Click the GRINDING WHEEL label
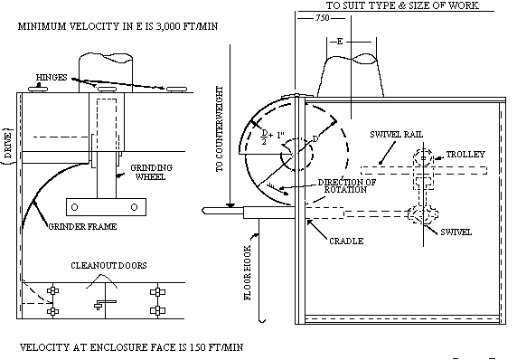coord(151,172)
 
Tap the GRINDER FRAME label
coord(82,227)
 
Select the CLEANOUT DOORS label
coord(108,265)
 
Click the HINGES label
coord(52,78)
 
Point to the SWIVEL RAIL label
coord(396,135)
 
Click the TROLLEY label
coord(465,155)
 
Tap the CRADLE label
coord(346,242)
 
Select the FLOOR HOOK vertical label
coord(248,272)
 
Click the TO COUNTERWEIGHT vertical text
coord(220,129)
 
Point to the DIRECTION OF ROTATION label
coord(347,186)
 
